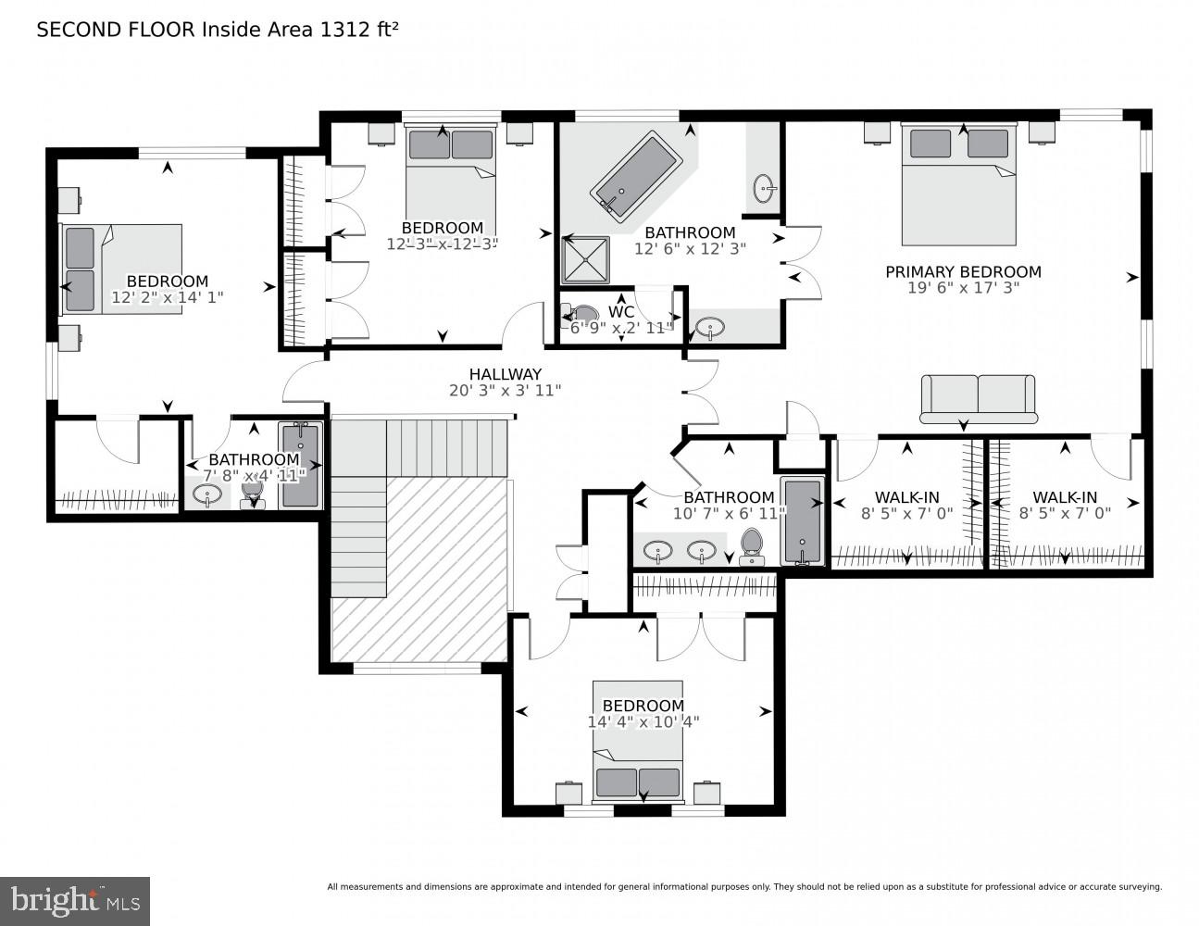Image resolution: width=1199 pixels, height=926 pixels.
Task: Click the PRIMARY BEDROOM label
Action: pos(963,272)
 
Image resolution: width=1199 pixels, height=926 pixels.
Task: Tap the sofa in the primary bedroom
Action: pos(979,398)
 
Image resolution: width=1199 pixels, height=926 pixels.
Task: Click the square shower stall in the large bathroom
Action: pos(586,260)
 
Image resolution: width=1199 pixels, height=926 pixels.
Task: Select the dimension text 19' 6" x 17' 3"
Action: pos(963,288)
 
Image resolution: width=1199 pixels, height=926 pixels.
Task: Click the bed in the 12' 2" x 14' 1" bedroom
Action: pos(120,269)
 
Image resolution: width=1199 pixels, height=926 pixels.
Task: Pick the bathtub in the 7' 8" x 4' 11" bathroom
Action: pos(301,466)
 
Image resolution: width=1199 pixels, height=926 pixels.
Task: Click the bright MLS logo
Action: pos(75,900)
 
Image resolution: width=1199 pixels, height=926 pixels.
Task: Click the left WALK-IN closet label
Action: pos(906,497)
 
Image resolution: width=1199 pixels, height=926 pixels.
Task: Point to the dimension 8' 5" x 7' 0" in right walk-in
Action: pos(1064,512)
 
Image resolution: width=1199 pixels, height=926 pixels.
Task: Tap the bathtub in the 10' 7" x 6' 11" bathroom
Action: pos(802,520)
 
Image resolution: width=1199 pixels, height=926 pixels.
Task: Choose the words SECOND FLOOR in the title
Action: pos(116,30)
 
